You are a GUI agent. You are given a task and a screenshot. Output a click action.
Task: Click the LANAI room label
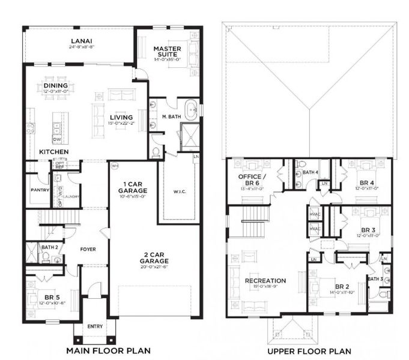80,41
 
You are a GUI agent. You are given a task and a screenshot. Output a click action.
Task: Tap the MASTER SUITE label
167,52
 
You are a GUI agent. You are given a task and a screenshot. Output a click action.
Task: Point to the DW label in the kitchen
56,140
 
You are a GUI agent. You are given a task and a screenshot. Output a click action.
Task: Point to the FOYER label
88,249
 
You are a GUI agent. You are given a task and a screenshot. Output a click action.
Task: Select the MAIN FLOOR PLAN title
108,350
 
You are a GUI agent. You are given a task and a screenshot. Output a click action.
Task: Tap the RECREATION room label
265,280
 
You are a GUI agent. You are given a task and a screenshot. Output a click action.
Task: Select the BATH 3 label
375,279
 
